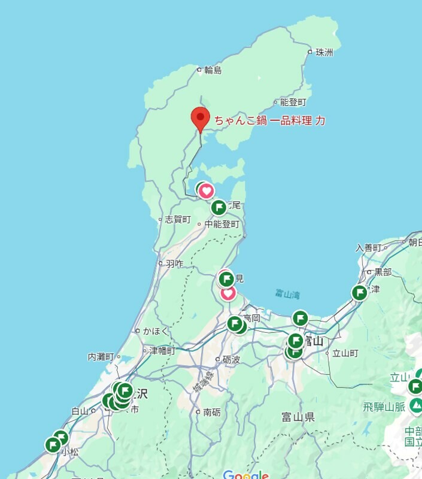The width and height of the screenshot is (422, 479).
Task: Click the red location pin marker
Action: click(200, 117)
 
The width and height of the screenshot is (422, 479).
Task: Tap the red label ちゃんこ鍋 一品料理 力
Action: click(270, 120)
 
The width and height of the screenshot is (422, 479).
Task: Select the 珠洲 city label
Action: click(324, 52)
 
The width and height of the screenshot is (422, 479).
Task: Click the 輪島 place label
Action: click(212, 70)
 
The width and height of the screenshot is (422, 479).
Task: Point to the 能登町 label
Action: click(293, 102)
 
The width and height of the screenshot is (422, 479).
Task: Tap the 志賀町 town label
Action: click(178, 220)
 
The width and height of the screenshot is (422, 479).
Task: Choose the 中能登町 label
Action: click(221, 225)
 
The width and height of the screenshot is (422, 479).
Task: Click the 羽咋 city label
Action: click(174, 263)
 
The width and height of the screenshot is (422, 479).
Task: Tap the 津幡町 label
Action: click(162, 350)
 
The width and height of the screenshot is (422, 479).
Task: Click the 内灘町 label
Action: click(101, 357)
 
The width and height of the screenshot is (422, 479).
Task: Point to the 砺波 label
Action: click(231, 359)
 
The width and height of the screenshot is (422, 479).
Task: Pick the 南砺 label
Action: click(212, 412)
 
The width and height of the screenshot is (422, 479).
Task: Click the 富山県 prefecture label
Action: click(298, 417)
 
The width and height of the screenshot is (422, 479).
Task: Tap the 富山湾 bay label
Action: click(287, 294)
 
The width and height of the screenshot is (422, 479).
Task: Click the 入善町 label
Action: click(368, 248)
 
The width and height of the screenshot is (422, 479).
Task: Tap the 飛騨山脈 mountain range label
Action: click(384, 407)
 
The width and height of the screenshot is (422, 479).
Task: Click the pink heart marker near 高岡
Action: click(228, 293)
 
